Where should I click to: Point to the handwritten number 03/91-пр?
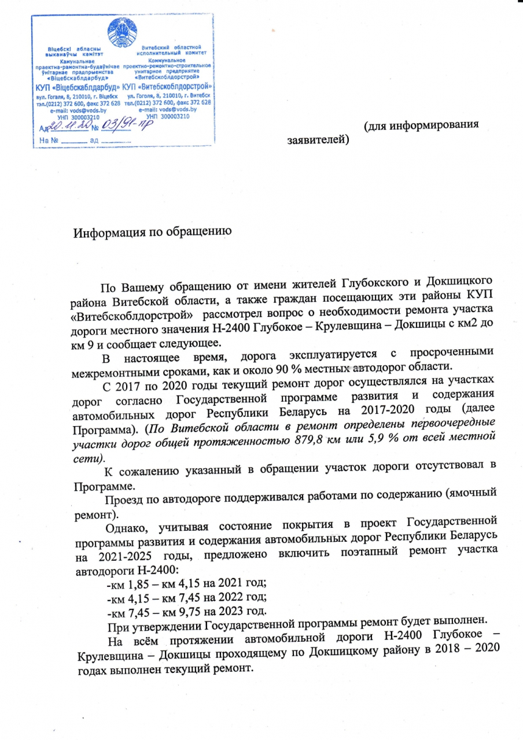point(124,124)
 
